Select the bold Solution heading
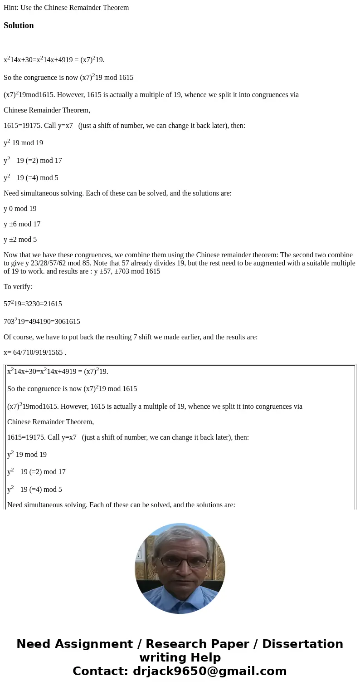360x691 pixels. point(19,25)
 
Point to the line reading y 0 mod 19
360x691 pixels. point(20,209)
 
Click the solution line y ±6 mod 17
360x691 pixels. point(22,224)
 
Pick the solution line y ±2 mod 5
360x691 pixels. point(20,240)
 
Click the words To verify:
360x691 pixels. point(18,287)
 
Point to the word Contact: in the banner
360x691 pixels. point(101,671)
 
